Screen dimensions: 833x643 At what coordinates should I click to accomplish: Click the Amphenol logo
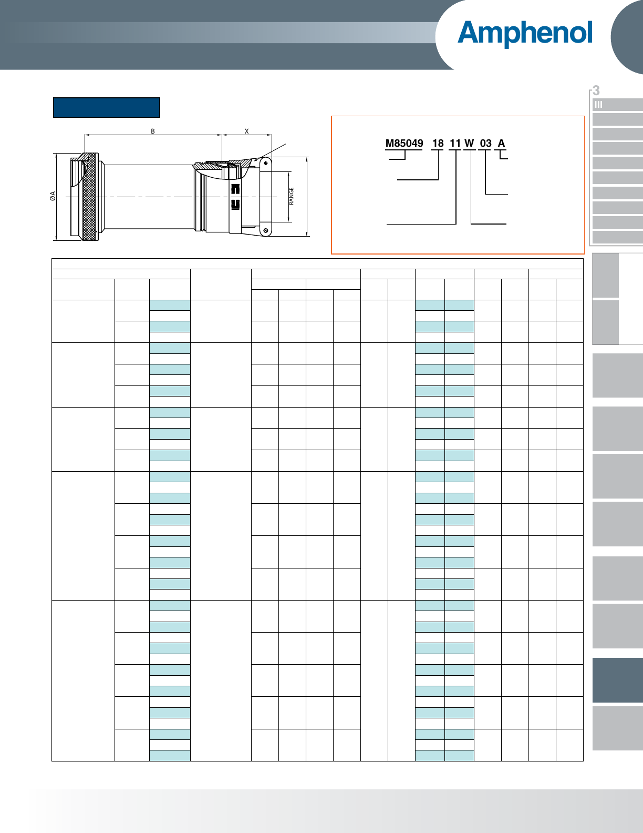tap(525, 33)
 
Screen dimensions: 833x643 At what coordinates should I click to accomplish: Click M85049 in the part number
tap(404, 144)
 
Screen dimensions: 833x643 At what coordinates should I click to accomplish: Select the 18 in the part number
tap(438, 144)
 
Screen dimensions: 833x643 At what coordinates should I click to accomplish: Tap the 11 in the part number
tap(455, 144)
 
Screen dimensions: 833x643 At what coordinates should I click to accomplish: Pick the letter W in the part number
tap(469, 144)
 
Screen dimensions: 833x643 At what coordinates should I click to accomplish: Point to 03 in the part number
tap(485, 144)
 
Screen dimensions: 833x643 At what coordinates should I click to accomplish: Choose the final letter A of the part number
tap(502, 144)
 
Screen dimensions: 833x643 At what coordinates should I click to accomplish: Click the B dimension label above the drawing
tap(153, 131)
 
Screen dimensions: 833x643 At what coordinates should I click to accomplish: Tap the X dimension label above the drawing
tap(247, 131)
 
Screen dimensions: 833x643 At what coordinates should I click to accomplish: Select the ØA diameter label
tap(53, 196)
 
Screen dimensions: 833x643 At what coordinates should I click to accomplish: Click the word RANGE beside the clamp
tap(291, 196)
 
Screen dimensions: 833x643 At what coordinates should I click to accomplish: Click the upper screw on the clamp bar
tap(266, 164)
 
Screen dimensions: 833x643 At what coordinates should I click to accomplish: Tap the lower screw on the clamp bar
tap(266, 230)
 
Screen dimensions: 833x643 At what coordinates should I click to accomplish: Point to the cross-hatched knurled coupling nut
tap(90, 196)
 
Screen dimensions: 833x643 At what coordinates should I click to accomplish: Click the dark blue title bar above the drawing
tap(107, 107)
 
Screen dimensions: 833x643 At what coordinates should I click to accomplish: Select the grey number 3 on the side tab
tap(596, 90)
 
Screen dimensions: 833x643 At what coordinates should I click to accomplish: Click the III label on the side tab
tap(598, 105)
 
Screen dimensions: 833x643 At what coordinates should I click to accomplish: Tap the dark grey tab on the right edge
tap(617, 680)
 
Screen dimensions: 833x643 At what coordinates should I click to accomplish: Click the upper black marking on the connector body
tap(235, 188)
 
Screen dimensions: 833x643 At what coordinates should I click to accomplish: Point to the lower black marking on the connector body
tap(235, 205)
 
